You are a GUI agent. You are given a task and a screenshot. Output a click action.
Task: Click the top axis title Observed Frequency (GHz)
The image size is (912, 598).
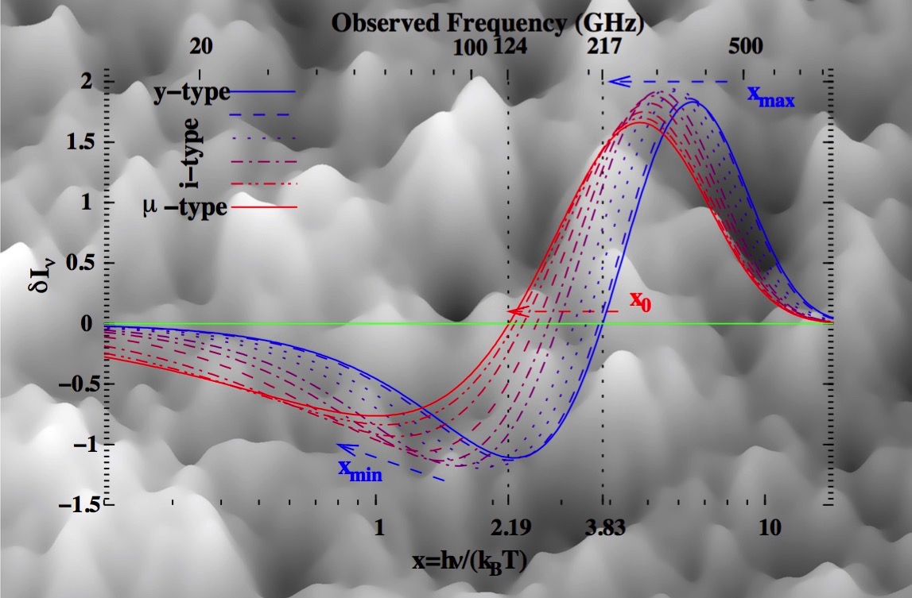click(488, 24)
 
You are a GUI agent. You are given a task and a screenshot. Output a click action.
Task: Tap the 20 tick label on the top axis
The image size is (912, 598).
click(200, 47)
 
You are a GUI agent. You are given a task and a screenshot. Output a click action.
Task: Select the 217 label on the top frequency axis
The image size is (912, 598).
click(604, 46)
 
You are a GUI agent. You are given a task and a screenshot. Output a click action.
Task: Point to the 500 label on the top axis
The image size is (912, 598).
click(745, 46)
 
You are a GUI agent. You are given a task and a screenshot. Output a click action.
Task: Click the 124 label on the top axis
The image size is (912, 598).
click(510, 46)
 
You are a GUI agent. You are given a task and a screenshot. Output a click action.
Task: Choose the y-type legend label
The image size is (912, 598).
click(192, 92)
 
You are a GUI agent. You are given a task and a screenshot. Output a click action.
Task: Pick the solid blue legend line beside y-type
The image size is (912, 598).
click(263, 92)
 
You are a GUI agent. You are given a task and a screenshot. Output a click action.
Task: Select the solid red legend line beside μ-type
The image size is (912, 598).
click(264, 207)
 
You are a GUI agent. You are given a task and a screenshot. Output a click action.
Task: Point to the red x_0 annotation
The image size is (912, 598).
click(640, 301)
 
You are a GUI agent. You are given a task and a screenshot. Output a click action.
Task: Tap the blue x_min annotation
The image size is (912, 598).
click(360, 470)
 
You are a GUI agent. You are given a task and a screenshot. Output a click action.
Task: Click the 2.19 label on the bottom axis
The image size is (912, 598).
click(510, 528)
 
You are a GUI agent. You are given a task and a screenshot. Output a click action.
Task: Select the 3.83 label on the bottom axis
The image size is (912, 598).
click(605, 528)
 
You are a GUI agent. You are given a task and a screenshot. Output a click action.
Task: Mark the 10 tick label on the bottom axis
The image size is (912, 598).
click(770, 528)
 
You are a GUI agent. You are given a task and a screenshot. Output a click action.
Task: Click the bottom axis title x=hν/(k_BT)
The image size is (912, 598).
click(470, 562)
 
